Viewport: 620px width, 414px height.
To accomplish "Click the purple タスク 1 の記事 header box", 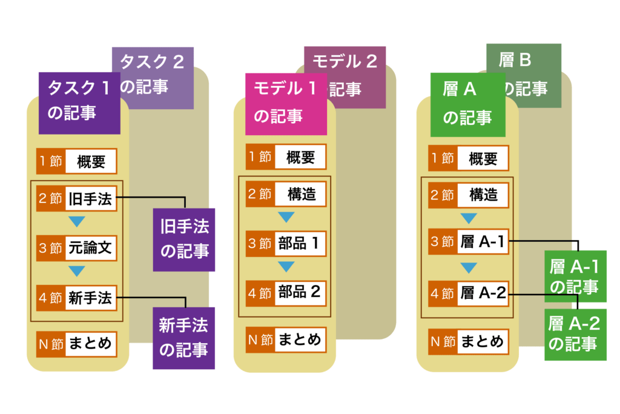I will tap(79, 102).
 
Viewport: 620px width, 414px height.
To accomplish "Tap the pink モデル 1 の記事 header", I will tap(285, 102).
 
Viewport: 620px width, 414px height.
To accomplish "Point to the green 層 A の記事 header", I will tap(467, 103).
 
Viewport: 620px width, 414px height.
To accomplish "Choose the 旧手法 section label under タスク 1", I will tap(90, 199).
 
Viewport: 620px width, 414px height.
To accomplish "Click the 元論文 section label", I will tap(90, 248).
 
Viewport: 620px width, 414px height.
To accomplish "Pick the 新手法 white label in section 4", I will tap(90, 298).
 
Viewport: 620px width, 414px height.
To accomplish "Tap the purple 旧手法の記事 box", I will tap(184, 239).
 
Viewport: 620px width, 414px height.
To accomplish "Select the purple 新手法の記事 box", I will tap(183, 338).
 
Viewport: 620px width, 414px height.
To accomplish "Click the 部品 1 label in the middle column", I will tap(299, 244).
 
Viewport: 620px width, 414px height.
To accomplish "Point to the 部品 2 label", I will tap(299, 292).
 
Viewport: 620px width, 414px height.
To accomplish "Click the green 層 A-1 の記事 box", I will tap(575, 276).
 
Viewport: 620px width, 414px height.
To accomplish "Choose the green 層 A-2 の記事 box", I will tap(575, 334).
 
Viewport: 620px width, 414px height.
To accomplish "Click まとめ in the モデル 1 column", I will tap(299, 339).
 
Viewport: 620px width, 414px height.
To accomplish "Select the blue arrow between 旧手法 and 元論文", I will tap(77, 222).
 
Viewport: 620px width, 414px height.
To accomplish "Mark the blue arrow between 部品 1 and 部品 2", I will tap(286, 267).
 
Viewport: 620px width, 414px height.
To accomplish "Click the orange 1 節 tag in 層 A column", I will tap(442, 159).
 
